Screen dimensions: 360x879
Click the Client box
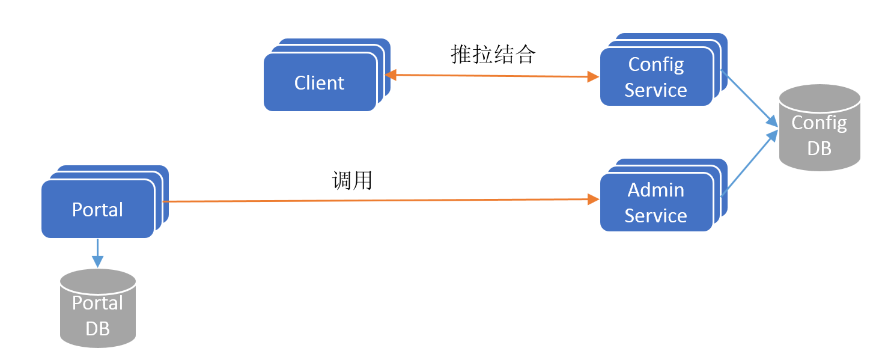click(320, 82)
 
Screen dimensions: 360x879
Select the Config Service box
click(656, 77)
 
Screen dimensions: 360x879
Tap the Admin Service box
click(656, 203)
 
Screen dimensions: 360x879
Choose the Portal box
click(97, 209)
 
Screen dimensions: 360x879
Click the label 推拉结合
click(493, 54)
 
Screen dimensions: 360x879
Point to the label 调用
click(353, 180)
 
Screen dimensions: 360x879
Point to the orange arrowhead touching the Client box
click(391, 75)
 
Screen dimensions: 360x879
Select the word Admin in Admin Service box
click(656, 190)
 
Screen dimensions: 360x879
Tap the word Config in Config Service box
click(656, 64)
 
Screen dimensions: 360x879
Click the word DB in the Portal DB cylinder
click(98, 328)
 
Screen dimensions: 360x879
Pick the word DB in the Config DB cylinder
click(820, 148)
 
